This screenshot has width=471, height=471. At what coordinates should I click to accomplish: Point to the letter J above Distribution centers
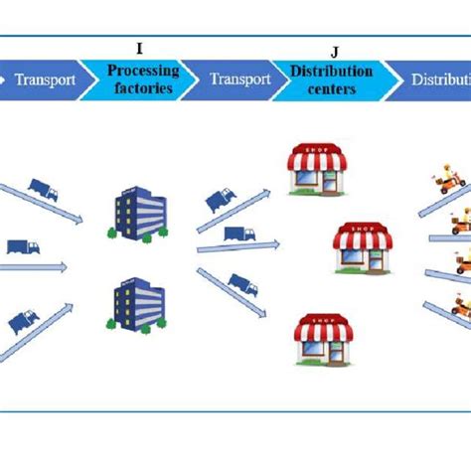(x=333, y=50)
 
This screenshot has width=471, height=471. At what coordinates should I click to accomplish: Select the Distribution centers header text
(x=331, y=78)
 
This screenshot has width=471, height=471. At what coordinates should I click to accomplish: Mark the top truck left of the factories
(x=43, y=189)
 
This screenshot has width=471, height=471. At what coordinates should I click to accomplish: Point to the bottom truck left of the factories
(x=24, y=320)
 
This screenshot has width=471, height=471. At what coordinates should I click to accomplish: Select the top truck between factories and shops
(x=221, y=202)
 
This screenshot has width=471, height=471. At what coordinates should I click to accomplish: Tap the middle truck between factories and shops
(x=238, y=234)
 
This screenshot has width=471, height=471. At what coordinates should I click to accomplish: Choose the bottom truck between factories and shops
(x=242, y=285)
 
